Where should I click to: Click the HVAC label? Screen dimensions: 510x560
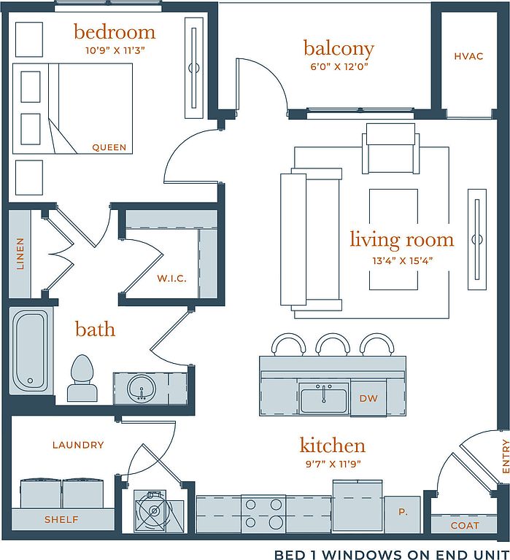468,56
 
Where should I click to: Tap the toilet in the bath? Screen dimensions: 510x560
82,378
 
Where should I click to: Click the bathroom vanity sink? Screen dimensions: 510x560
142,389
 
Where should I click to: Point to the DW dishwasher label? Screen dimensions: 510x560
368,398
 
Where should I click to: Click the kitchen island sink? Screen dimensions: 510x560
324,399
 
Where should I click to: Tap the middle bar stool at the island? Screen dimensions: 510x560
333,344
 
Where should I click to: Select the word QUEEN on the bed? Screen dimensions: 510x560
109,147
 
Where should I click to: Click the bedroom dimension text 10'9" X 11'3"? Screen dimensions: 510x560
115,50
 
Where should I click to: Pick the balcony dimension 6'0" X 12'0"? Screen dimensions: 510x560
339,66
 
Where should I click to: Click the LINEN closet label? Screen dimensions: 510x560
20,254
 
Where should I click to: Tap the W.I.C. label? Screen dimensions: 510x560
172,279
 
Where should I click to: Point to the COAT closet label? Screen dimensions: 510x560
465,525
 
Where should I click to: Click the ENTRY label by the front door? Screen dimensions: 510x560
506,456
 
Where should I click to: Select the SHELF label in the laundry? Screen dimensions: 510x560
61,519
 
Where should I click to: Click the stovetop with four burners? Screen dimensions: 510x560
263,514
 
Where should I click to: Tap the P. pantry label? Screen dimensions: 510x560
403,512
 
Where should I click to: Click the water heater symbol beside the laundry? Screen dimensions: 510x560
154,511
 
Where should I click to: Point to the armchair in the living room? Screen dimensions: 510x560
390,148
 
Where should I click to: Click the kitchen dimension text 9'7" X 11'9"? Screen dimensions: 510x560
333,464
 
